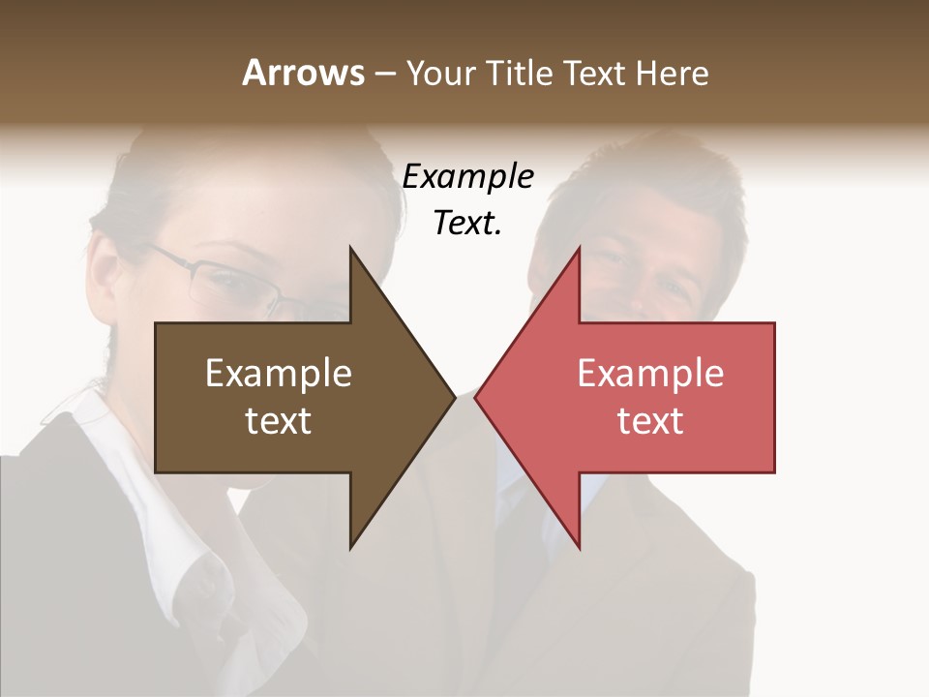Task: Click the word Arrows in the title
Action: coord(303,73)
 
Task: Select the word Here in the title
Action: coord(672,73)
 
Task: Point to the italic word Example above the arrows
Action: coord(467,176)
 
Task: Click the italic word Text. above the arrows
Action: coord(467,223)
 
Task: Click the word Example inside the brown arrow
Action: coord(279,374)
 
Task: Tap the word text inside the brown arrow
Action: coord(279,421)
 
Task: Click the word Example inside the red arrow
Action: coord(650,374)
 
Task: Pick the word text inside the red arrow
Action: coord(650,421)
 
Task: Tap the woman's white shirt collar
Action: coord(184,542)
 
